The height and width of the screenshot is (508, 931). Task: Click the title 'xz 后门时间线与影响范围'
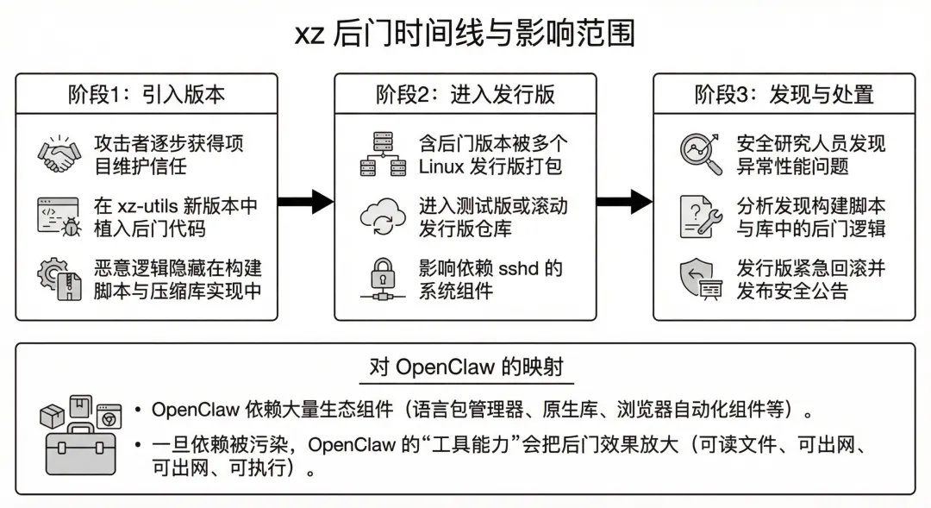coord(465,34)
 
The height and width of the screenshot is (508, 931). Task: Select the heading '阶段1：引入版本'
coord(147,94)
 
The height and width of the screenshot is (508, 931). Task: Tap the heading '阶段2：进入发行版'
coord(465,94)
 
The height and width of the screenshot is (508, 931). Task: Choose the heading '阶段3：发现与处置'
coord(784,94)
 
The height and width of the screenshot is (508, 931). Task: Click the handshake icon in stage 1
coord(59,154)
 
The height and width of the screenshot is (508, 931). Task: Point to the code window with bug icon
coord(59,216)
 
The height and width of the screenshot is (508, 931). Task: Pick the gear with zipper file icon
coord(59,278)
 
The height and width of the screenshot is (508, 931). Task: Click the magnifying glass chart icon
coord(700,154)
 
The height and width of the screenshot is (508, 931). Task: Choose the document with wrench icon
coord(700,216)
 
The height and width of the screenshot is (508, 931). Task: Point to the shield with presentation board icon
coord(700,278)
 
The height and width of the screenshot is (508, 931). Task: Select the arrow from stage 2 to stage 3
coord(625,202)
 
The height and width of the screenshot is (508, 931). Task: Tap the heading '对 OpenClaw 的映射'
coord(466,367)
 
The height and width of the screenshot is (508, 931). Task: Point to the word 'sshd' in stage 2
coord(520,268)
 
